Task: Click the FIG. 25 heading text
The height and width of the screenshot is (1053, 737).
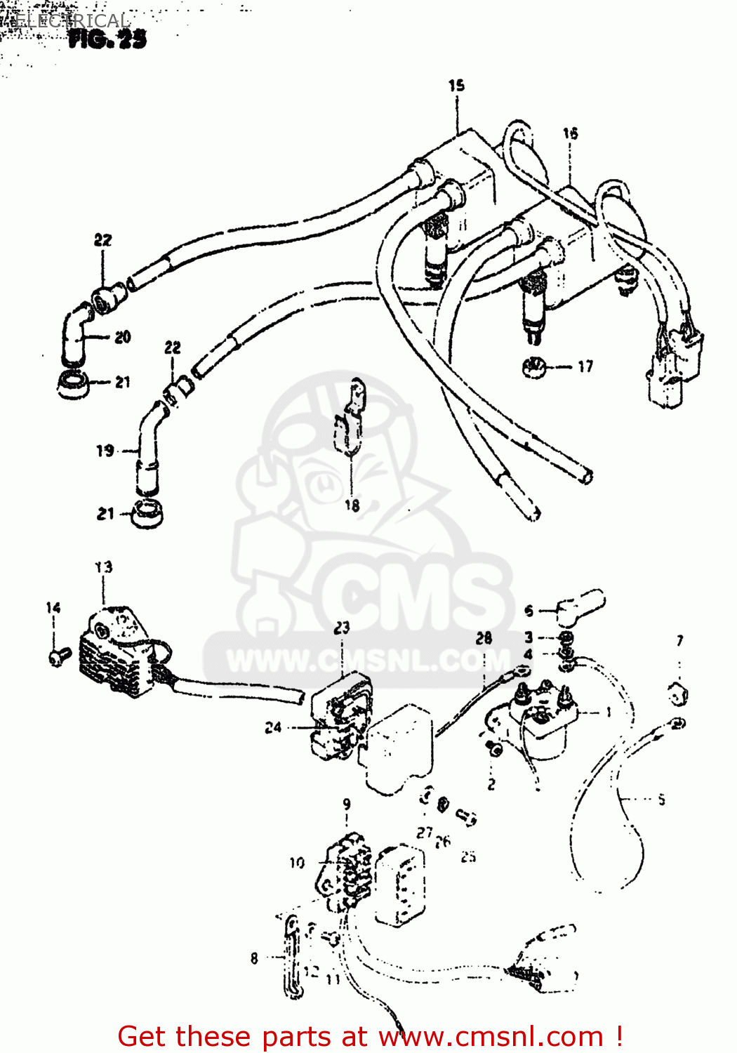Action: click(107, 39)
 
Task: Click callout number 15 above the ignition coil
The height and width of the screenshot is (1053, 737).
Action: click(456, 86)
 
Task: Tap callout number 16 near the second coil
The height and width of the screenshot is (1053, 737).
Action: click(570, 133)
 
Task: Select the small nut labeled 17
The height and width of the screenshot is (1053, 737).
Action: click(535, 366)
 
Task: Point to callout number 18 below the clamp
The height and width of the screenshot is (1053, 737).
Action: click(352, 505)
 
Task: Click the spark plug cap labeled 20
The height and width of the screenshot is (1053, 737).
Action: click(75, 336)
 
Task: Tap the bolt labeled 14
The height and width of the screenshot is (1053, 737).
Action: click(58, 656)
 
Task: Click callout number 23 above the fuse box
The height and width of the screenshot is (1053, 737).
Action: click(342, 627)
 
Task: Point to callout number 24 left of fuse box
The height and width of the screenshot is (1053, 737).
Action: click(273, 728)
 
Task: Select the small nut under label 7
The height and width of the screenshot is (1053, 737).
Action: click(677, 694)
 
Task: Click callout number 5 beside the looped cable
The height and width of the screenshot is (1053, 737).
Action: click(661, 799)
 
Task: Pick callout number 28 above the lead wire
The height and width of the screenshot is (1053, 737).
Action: click(484, 638)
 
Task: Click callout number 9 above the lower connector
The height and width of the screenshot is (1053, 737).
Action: click(347, 804)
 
